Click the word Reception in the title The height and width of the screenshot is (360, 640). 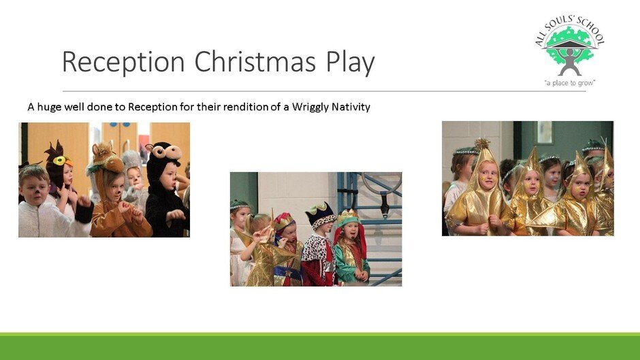123,62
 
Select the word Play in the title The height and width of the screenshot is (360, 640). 350,63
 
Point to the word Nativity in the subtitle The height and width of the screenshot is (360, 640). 351,107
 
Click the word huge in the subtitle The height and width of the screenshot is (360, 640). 48,108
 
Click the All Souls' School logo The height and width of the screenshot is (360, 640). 570,51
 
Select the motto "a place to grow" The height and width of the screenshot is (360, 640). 570,83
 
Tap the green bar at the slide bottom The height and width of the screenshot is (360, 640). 320,346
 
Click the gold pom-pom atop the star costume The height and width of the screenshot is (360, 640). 482,144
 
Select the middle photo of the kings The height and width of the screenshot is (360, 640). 316,229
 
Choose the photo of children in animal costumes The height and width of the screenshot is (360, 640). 104,180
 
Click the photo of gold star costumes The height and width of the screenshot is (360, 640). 528,178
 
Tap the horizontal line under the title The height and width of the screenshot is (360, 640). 324,91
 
